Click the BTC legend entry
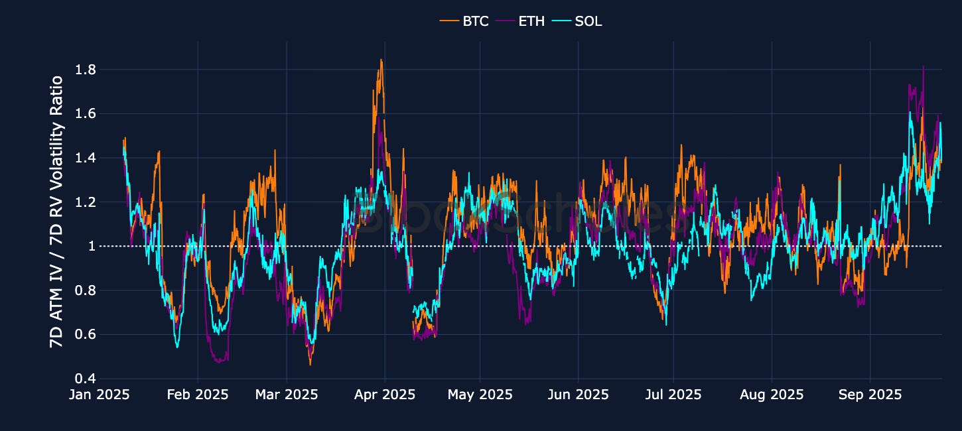pyautogui.click(x=464, y=21)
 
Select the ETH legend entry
pyautogui.click(x=522, y=21)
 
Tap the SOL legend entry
pyautogui.click(x=579, y=21)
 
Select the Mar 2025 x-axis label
pyautogui.click(x=286, y=395)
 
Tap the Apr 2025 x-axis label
pyautogui.click(x=384, y=395)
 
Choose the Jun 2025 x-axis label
pyautogui.click(x=577, y=395)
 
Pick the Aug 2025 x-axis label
pyautogui.click(x=772, y=395)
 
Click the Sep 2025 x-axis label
pyautogui.click(x=870, y=395)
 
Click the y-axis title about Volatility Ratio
pyautogui.click(x=57, y=212)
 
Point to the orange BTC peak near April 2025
pyautogui.click(x=381, y=60)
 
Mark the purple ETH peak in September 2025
pyautogui.click(x=923, y=66)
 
